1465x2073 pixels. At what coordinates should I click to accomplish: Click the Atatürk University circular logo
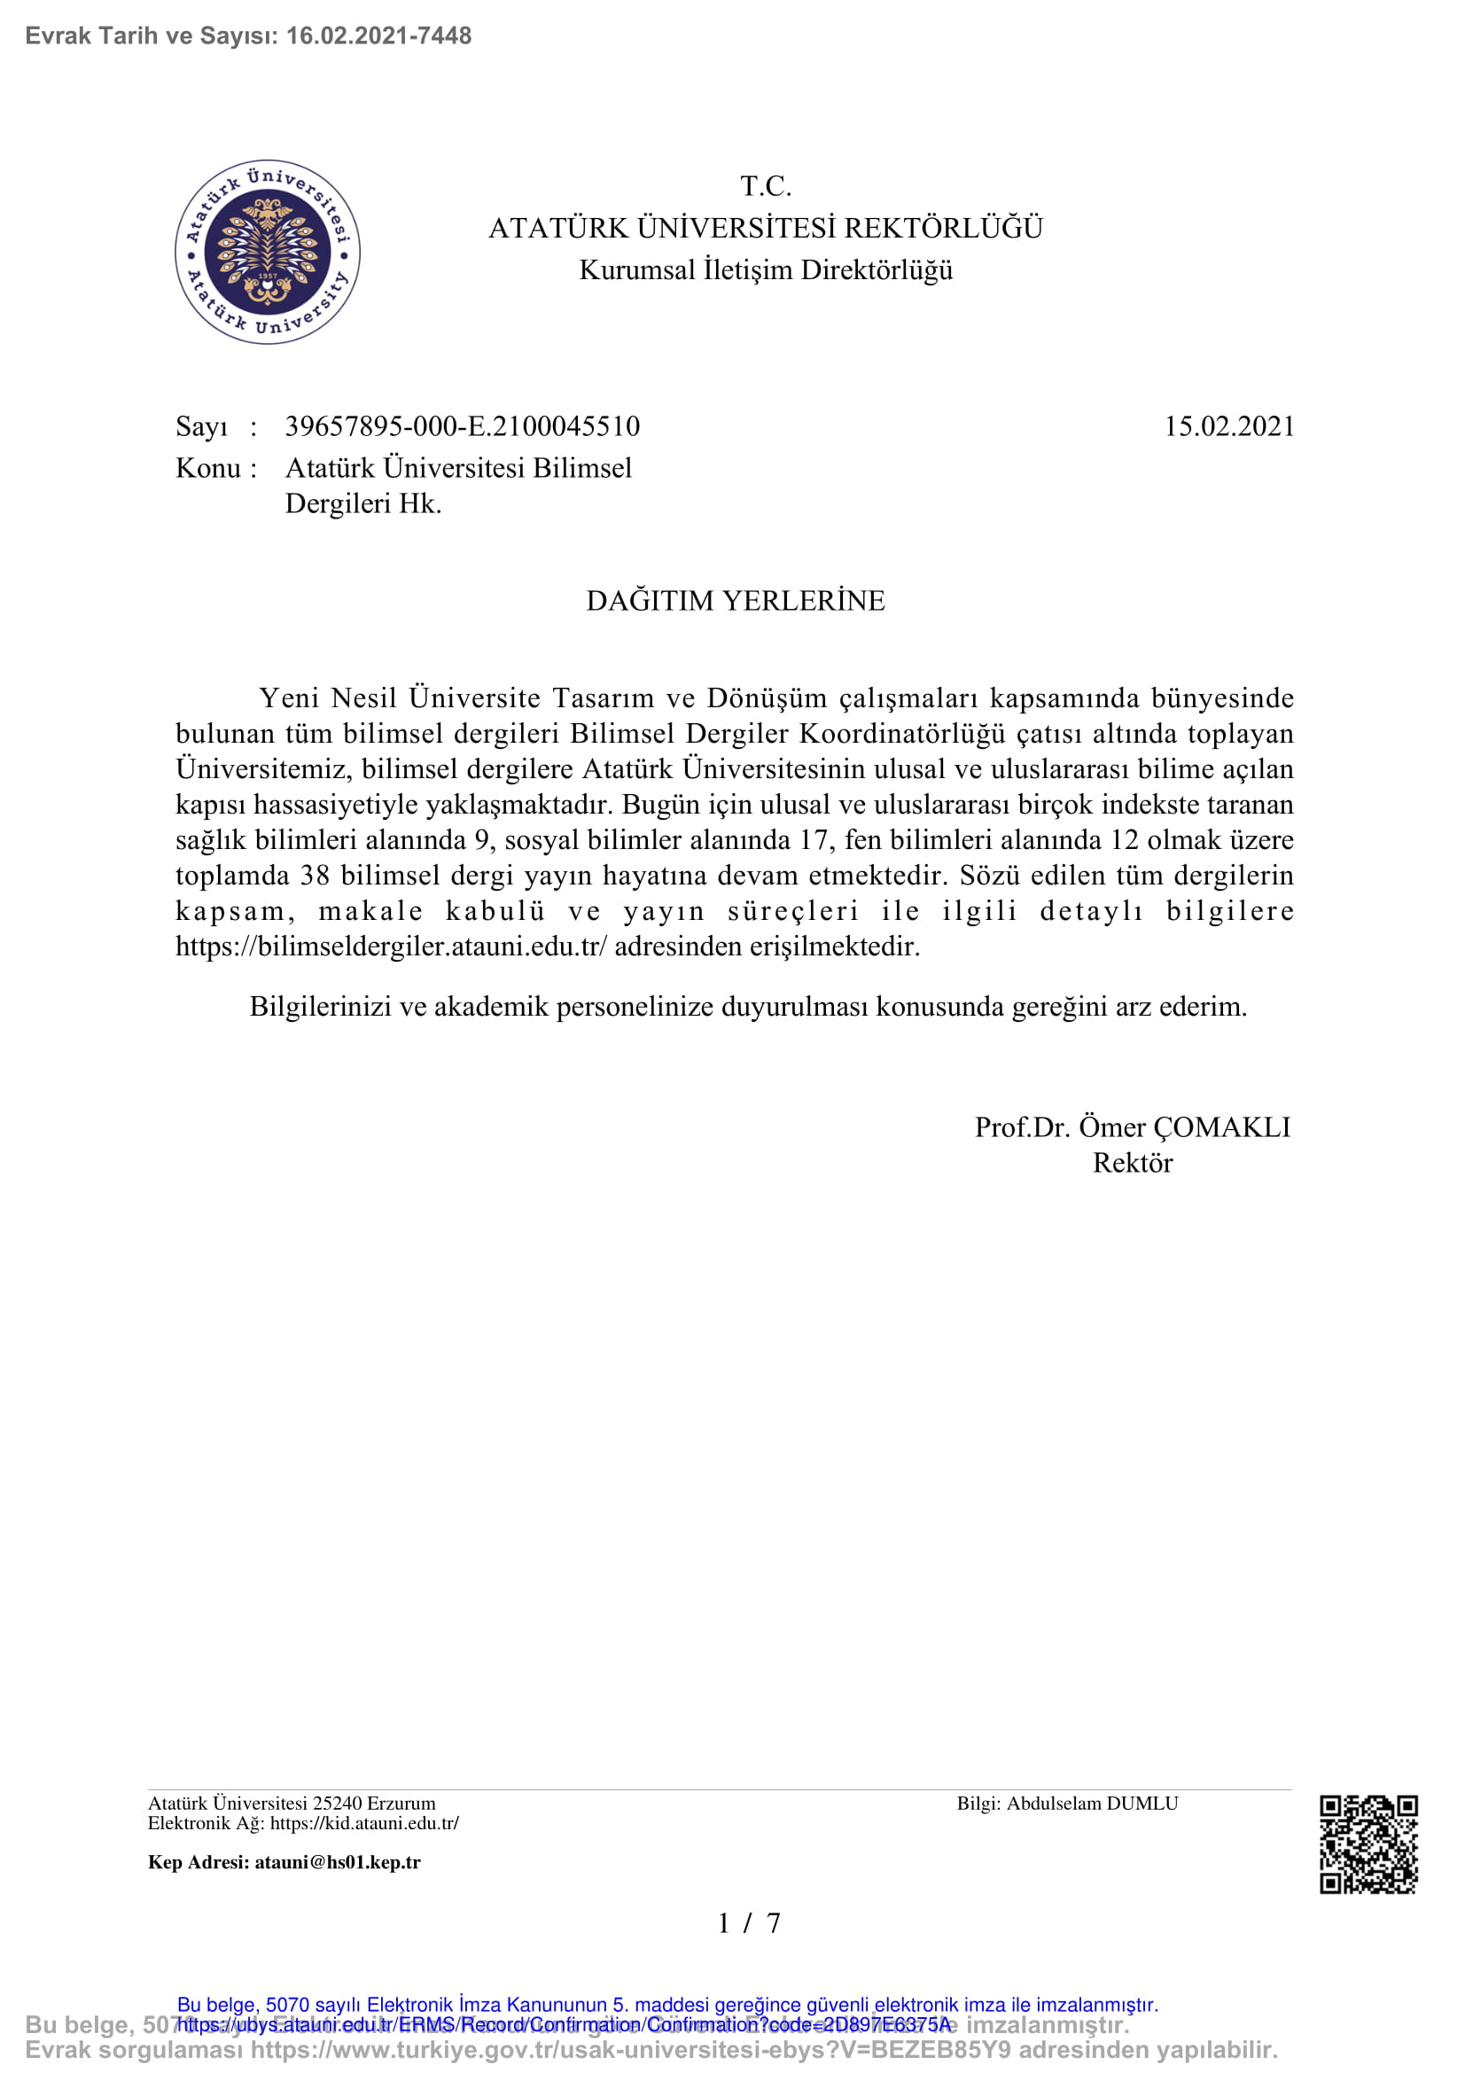[267, 252]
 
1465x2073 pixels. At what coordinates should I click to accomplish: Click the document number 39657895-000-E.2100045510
[462, 426]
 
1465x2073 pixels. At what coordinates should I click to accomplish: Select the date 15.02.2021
[1228, 426]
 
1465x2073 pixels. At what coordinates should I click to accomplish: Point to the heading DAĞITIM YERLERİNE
[735, 600]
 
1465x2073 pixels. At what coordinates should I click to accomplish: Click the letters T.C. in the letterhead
[766, 186]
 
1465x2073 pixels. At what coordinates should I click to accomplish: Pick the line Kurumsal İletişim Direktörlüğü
[766, 270]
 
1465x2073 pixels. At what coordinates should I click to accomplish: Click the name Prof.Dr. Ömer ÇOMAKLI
[1132, 1126]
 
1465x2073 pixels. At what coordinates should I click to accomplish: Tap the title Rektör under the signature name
[1132, 1163]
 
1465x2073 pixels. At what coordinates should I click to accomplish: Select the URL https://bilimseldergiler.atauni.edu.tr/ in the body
[392, 947]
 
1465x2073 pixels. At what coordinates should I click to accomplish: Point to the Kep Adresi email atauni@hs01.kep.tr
[337, 1862]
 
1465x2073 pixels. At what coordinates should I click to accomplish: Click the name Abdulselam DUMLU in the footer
[1092, 1803]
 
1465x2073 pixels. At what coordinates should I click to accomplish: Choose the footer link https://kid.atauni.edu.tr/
[363, 1823]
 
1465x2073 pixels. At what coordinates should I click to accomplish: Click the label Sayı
[201, 426]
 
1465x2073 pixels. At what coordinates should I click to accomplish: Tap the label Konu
[207, 468]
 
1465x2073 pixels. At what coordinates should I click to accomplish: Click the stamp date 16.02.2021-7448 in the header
[378, 36]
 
